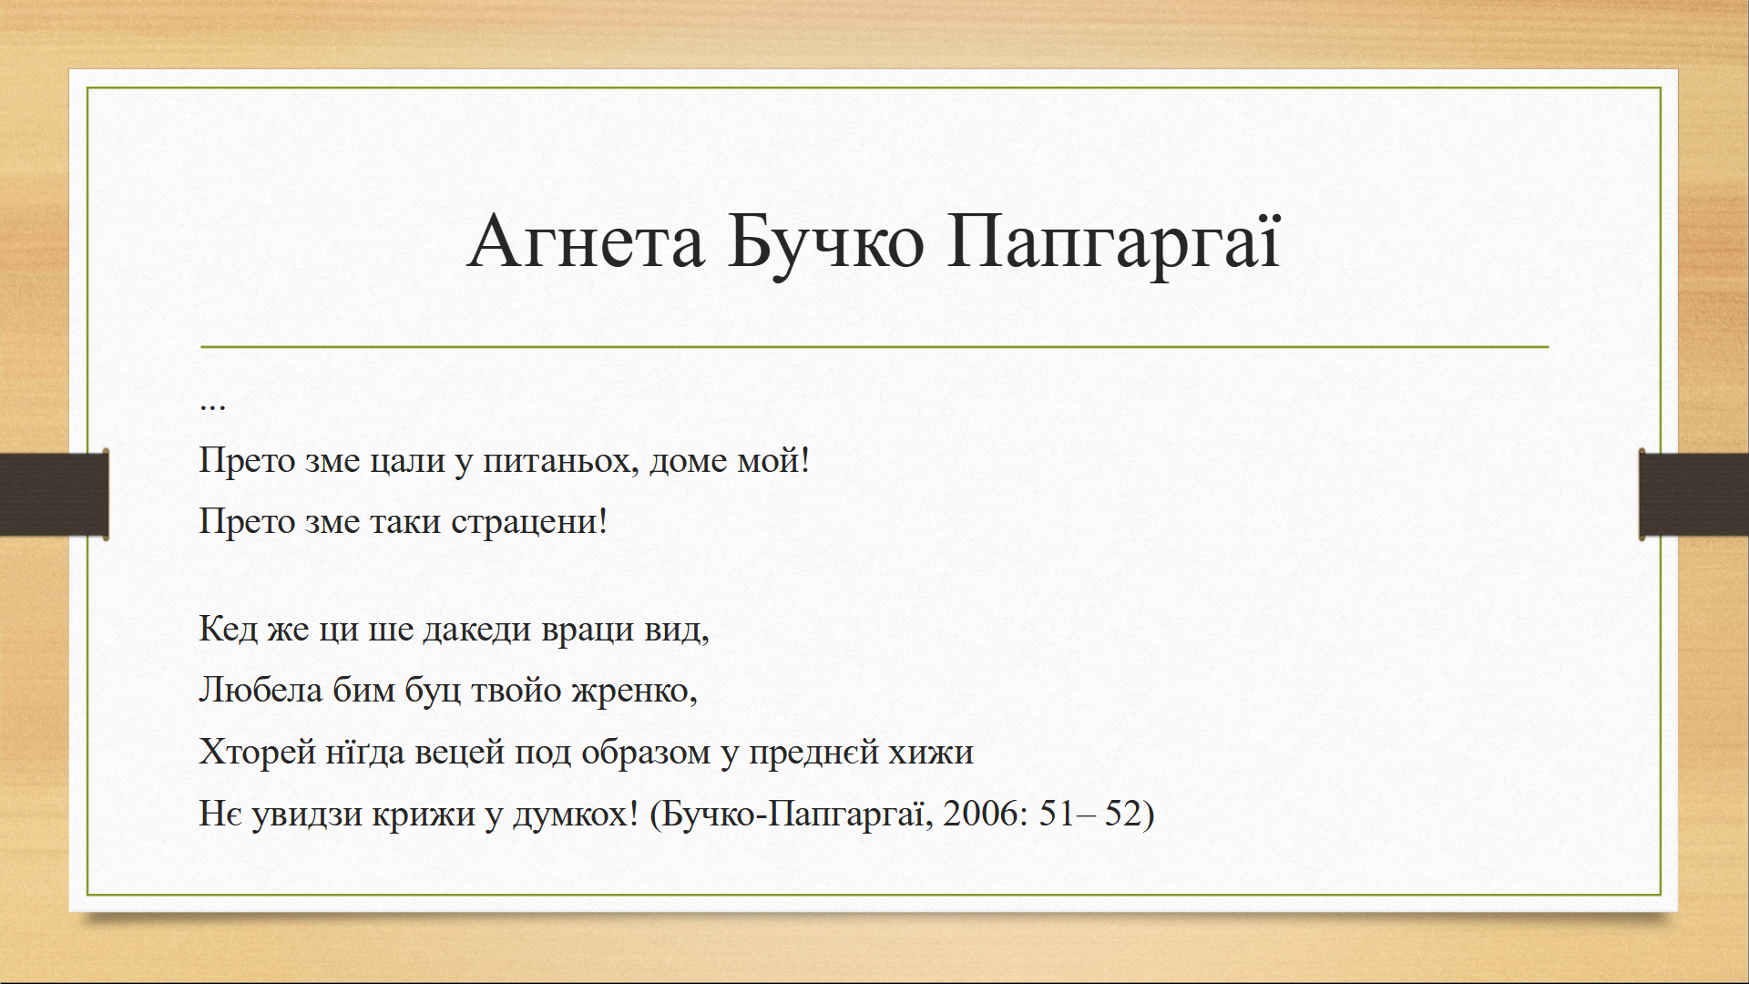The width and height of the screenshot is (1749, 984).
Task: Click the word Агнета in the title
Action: click(x=586, y=241)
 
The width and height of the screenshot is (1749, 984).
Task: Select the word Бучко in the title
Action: click(x=826, y=241)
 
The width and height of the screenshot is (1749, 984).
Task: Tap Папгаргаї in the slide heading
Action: click(x=1114, y=243)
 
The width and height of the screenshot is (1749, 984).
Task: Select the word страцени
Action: click(x=529, y=522)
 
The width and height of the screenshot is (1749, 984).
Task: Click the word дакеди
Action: click(x=476, y=630)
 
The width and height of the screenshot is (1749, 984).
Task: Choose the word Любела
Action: click(x=261, y=690)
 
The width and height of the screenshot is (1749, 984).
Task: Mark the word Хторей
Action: click(x=258, y=753)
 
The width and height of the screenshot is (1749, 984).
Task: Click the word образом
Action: click(x=646, y=753)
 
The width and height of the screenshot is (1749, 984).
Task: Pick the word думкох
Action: click(x=576, y=814)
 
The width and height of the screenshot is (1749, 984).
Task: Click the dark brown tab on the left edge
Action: click(x=55, y=494)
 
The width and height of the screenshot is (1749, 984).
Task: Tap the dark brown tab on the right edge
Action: click(x=1693, y=494)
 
